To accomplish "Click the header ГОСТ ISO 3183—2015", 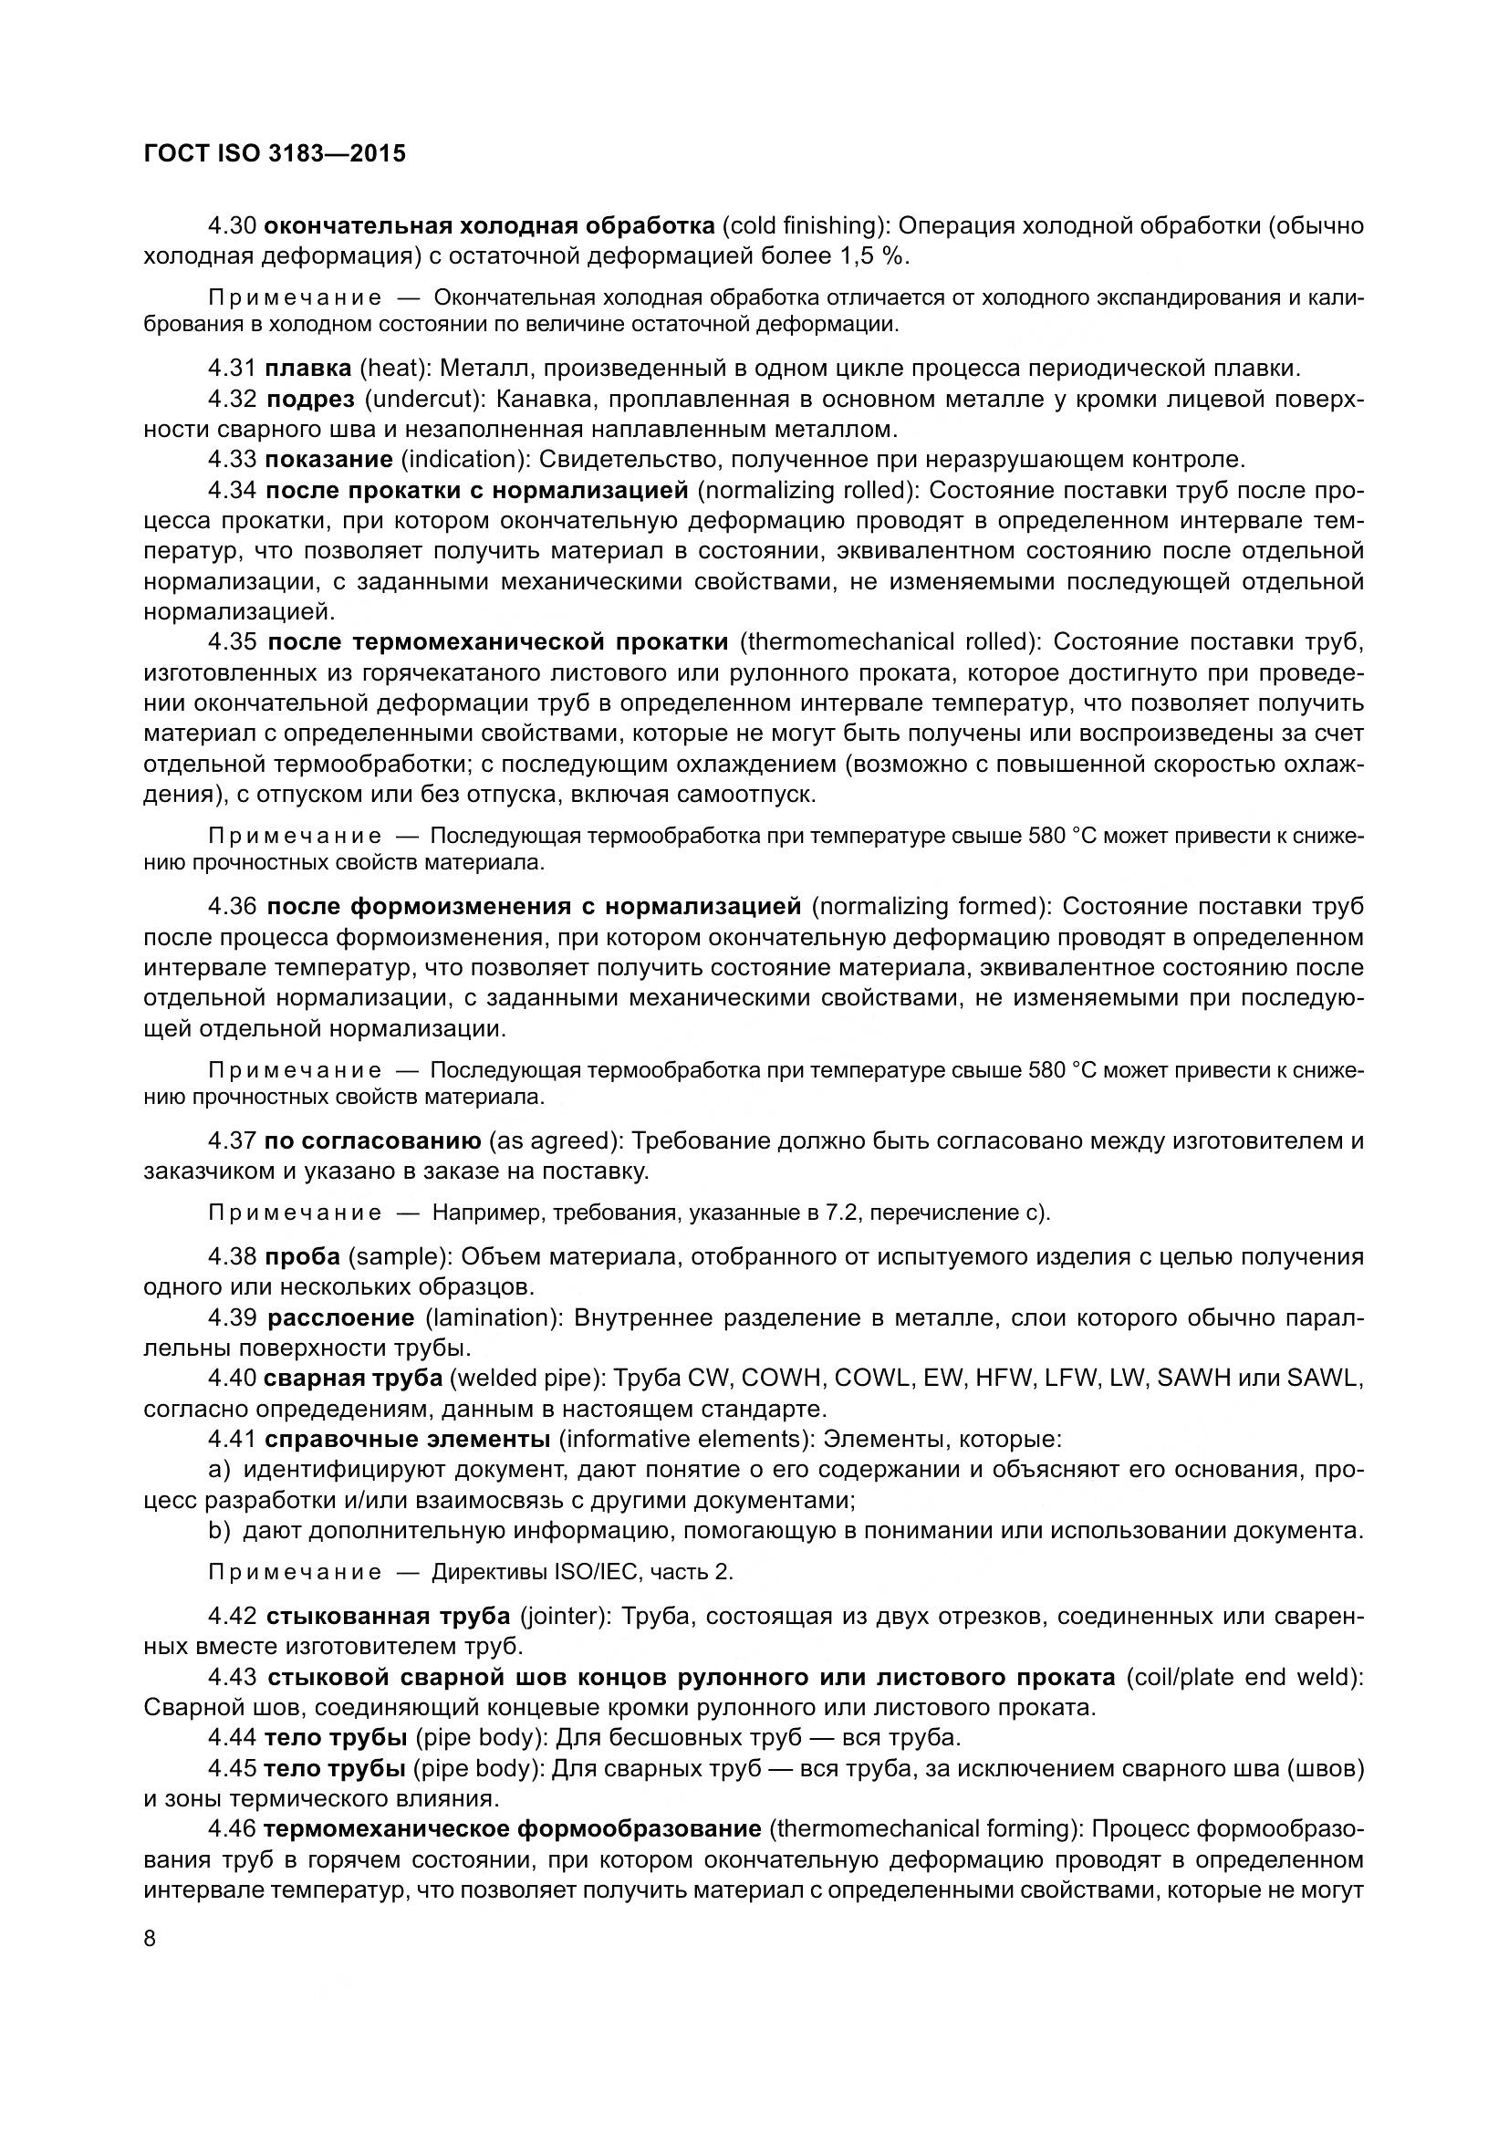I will click(275, 153).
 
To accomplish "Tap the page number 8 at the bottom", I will click(151, 1939).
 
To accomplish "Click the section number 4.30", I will click(233, 226).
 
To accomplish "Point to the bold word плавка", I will click(307, 368).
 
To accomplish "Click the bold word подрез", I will click(310, 400).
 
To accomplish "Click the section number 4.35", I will click(233, 642).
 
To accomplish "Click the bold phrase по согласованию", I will click(372, 1140).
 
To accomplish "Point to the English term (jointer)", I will click(564, 1617).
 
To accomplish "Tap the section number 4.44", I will click(233, 1737).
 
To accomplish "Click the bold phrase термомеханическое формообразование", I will click(512, 1829).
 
